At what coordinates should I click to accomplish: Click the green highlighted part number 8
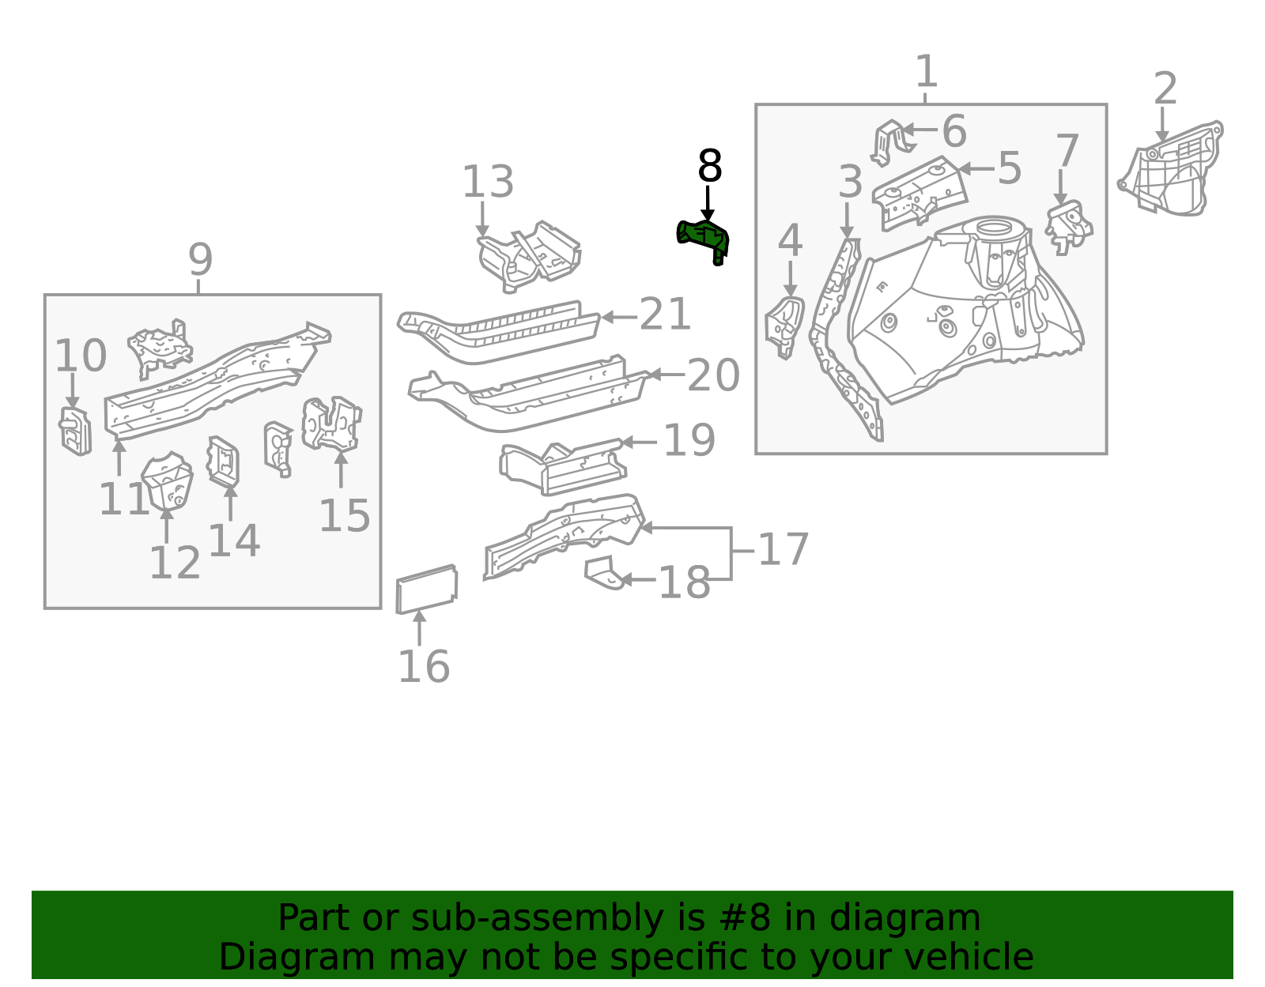tap(702, 240)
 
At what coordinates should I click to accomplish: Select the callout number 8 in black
tap(710, 166)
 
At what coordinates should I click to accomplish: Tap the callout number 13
tap(488, 182)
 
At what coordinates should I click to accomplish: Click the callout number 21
tap(665, 314)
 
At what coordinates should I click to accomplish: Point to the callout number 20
tap(714, 375)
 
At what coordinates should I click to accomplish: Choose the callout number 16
tap(424, 666)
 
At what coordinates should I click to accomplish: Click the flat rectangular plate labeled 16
tap(427, 589)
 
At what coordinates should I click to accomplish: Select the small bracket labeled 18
tap(604, 573)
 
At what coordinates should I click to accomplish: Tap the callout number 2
tap(1165, 89)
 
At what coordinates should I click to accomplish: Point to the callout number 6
tap(954, 131)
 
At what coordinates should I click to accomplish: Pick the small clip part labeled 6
tap(890, 143)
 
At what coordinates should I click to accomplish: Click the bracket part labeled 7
tap(1068, 228)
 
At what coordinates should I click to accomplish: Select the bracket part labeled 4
tap(784, 327)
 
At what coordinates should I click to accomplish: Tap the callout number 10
tap(81, 356)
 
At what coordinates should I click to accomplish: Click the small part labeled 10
tap(76, 431)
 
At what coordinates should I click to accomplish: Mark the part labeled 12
tap(167, 481)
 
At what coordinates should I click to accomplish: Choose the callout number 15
tap(345, 516)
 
